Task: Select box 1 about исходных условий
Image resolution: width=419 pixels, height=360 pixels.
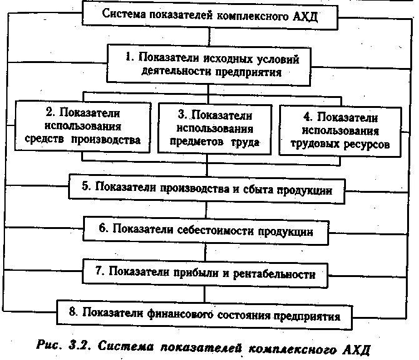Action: pyautogui.click(x=212, y=65)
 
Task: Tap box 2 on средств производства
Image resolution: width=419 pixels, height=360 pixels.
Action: pyautogui.click(x=82, y=127)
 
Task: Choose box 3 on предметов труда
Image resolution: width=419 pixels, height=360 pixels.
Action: pyautogui.click(x=215, y=130)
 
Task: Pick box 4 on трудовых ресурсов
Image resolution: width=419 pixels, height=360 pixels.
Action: pyautogui.click(x=338, y=130)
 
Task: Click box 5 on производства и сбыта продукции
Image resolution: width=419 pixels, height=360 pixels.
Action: pyautogui.click(x=206, y=188)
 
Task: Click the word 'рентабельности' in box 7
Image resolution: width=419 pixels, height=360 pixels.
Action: pyautogui.click(x=278, y=273)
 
